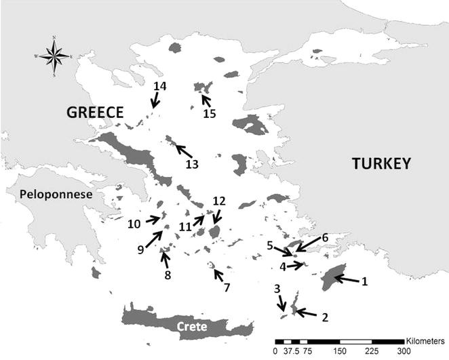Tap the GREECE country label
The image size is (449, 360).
coord(94,113)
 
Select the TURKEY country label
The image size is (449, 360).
coord(381,163)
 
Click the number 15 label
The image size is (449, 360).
coord(209,113)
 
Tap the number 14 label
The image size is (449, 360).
coord(159,86)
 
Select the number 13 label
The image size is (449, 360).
coord(193,163)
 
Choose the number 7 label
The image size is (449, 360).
coord(227,287)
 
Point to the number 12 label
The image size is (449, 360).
coord(218,201)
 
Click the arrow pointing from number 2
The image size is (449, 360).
coord(305,313)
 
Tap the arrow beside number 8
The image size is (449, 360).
coord(165,259)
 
